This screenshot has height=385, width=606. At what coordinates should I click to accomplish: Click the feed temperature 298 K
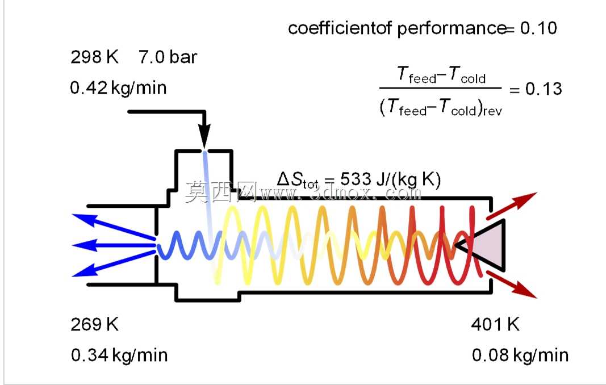tap(94, 57)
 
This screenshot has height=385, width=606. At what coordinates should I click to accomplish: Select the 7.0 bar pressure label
tap(168, 57)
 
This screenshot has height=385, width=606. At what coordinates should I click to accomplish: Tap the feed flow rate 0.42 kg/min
tap(118, 88)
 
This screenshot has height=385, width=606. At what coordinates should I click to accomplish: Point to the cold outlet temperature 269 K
tap(94, 324)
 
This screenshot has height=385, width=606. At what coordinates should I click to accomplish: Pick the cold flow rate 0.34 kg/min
tap(119, 355)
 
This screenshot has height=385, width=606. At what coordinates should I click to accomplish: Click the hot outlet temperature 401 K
tap(495, 324)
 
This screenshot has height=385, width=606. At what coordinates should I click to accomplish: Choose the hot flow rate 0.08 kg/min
tap(520, 355)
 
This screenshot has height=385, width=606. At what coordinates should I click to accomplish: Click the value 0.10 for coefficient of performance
tap(538, 28)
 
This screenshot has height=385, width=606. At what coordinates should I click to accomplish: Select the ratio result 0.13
tap(544, 89)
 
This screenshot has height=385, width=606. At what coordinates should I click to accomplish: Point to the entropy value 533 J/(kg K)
tap(390, 180)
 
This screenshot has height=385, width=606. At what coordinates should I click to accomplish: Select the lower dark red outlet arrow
tap(512, 285)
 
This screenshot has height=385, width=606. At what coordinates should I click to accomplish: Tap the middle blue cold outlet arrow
tap(114, 245)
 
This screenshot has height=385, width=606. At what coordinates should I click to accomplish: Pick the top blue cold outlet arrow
tap(114, 226)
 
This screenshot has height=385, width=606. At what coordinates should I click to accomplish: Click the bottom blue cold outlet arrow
tap(114, 264)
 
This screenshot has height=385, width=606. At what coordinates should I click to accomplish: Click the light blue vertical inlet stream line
tap(208, 201)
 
